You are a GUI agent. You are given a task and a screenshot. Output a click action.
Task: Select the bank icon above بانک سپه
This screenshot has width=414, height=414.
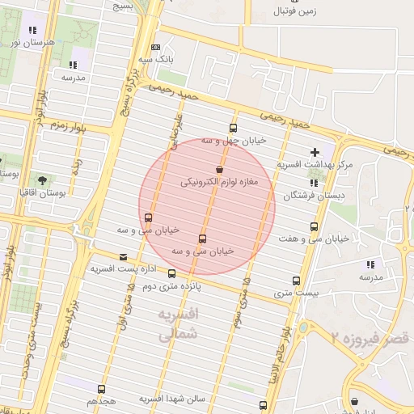pyautogui.click(x=156, y=47)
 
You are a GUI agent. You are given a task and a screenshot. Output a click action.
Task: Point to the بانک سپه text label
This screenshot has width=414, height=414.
pyautogui.click(x=156, y=60)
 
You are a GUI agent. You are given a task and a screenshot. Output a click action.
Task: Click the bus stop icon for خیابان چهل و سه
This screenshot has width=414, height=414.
pyautogui.click(x=234, y=128)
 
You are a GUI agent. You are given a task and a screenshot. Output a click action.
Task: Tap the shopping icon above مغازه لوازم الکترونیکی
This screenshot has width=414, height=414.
pyautogui.click(x=219, y=170)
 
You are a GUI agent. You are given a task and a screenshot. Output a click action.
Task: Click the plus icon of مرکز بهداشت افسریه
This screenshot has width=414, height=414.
pyautogui.click(x=315, y=152)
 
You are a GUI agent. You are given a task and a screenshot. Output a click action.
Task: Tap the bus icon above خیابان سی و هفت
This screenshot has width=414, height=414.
pyautogui.click(x=315, y=226)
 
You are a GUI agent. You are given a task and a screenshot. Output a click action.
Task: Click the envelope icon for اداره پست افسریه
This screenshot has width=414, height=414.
pyautogui.click(x=123, y=256)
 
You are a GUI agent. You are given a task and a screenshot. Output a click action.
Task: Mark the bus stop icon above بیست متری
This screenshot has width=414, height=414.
pyautogui.click(x=296, y=281)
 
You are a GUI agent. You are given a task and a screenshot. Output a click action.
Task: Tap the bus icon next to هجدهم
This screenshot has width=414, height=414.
pyautogui.click(x=101, y=389)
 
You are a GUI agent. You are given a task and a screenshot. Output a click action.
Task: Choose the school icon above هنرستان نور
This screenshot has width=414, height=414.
pyautogui.click(x=32, y=30)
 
